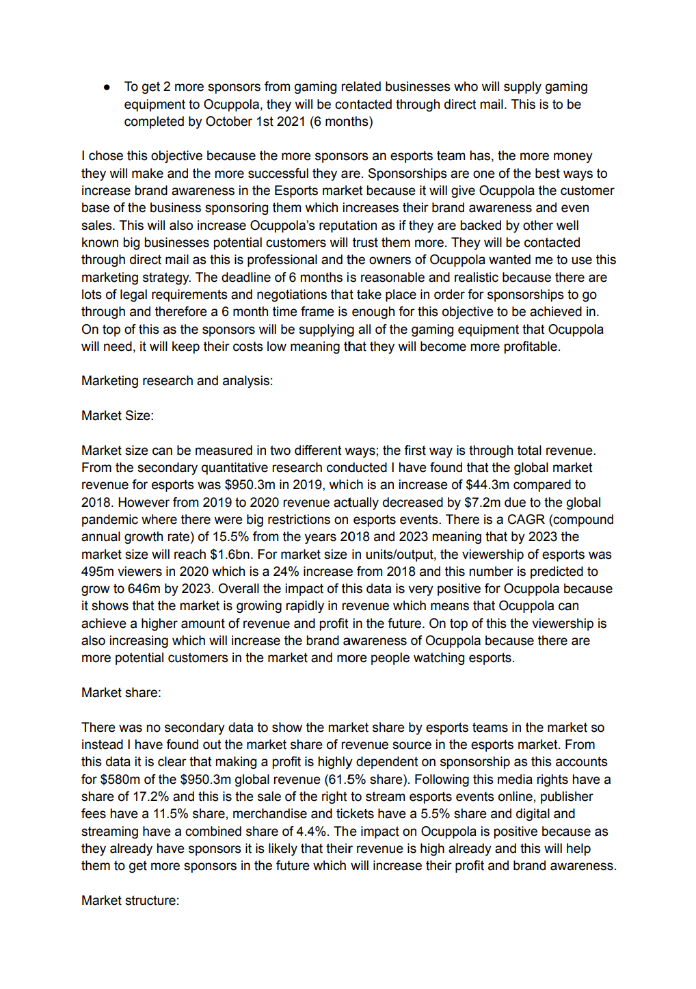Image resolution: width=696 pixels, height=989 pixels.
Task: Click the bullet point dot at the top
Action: coord(107,88)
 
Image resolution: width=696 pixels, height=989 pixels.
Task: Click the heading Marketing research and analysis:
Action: coord(177,381)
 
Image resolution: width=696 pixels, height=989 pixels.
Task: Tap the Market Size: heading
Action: coord(118,416)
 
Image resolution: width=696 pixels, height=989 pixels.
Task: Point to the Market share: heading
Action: coord(121,693)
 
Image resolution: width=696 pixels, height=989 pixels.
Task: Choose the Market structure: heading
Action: coord(130,901)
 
